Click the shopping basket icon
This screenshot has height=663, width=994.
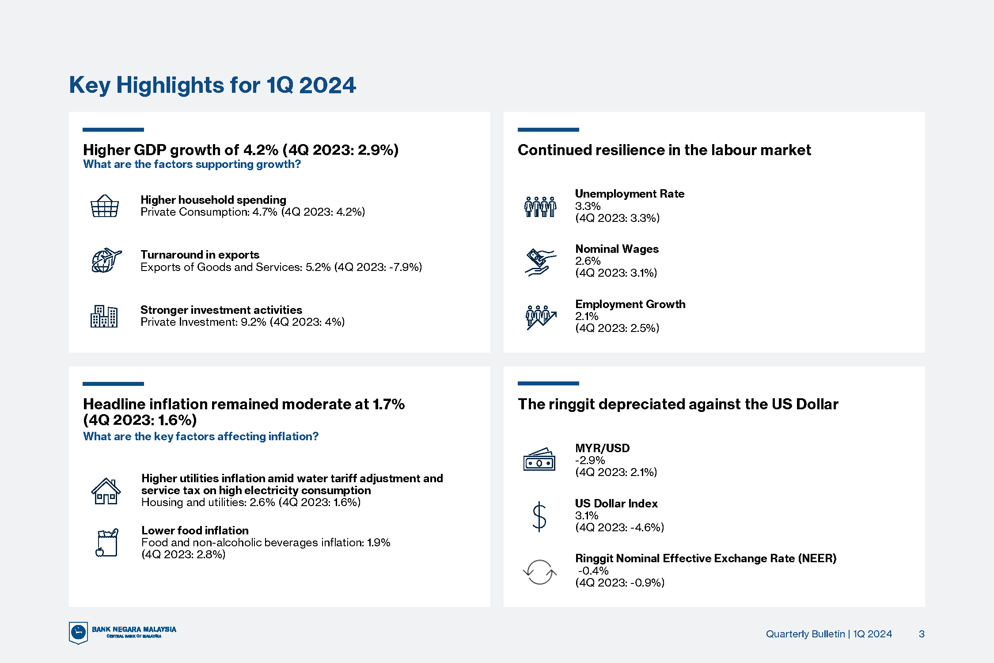105,206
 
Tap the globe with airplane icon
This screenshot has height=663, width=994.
106,260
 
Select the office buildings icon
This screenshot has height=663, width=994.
104,316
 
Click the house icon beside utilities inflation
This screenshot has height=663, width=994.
106,491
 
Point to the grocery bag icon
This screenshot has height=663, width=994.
107,542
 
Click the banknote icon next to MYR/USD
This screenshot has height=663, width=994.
539,460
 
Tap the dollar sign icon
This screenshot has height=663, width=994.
539,516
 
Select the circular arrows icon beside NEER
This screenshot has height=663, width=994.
539,572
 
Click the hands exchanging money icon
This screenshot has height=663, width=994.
540,262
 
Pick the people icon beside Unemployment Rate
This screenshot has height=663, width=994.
540,207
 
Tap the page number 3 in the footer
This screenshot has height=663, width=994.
922,634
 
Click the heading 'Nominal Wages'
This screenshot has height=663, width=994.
617,249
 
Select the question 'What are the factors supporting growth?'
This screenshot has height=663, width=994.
192,164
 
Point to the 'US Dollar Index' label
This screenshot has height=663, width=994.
616,503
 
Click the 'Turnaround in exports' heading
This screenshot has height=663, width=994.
200,255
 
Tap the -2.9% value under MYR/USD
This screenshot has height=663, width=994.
590,460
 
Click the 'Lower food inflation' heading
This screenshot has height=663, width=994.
195,530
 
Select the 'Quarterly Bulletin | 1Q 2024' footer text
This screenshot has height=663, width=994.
829,634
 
